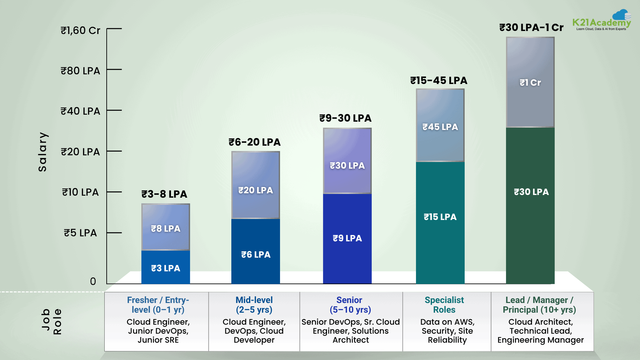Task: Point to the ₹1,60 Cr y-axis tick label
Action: tap(80, 30)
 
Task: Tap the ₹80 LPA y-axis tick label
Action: tap(80, 71)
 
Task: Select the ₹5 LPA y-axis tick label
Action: tap(80, 233)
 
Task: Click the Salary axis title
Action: tap(43, 152)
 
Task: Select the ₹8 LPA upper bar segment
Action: tap(166, 227)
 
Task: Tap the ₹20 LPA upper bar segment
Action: tap(256, 185)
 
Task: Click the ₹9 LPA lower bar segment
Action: tap(347, 238)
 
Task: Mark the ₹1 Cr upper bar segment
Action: tap(530, 82)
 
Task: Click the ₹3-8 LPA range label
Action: tap(164, 194)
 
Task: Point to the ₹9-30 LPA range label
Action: tap(345, 118)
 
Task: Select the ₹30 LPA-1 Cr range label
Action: tap(531, 27)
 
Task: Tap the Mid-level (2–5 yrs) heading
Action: tap(254, 305)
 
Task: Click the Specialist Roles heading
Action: tap(444, 305)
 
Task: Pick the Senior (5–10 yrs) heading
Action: tap(350, 305)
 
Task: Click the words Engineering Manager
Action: tap(540, 340)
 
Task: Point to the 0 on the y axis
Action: tap(93, 281)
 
